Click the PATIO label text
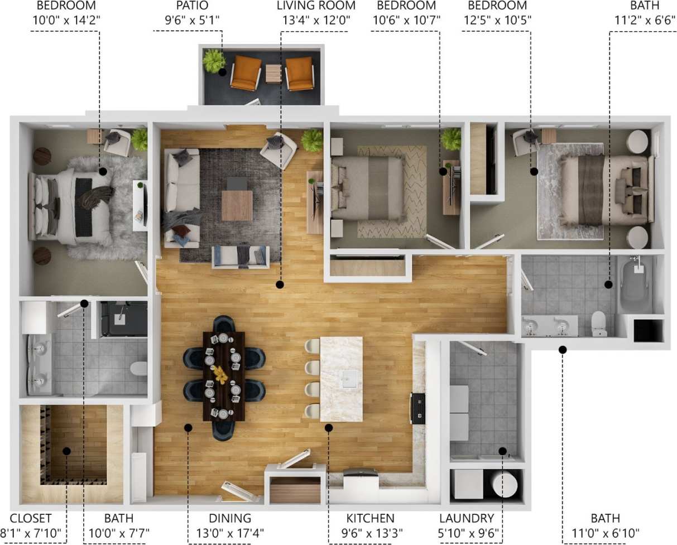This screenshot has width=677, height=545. tap(186, 6)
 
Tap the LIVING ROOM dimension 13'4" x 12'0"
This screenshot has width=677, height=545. tap(316, 20)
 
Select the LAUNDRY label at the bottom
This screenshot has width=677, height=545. tap(466, 518)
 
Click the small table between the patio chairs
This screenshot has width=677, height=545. tap(273, 74)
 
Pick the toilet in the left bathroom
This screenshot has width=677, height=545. tap(138, 369)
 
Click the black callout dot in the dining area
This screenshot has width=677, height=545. tap(188, 427)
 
